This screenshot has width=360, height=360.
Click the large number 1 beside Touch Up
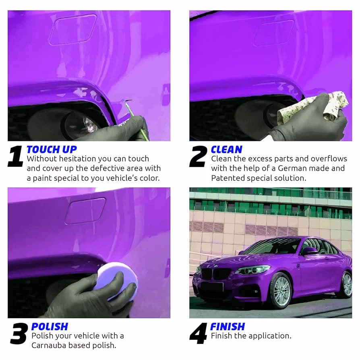pyautogui.click(x=16, y=157)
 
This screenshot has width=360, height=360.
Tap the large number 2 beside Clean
pyautogui.click(x=198, y=157)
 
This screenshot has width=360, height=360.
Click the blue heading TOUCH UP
pyautogui.click(x=52, y=150)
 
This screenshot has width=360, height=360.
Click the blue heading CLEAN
pyautogui.click(x=226, y=150)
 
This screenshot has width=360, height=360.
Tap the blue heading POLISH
pyautogui.click(x=50, y=327)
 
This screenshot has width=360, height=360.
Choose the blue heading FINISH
pyautogui.click(x=228, y=327)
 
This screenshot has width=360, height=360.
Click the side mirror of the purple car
pyautogui.click(x=309, y=251)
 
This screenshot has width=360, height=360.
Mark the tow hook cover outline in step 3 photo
pyautogui.click(x=85, y=211)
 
